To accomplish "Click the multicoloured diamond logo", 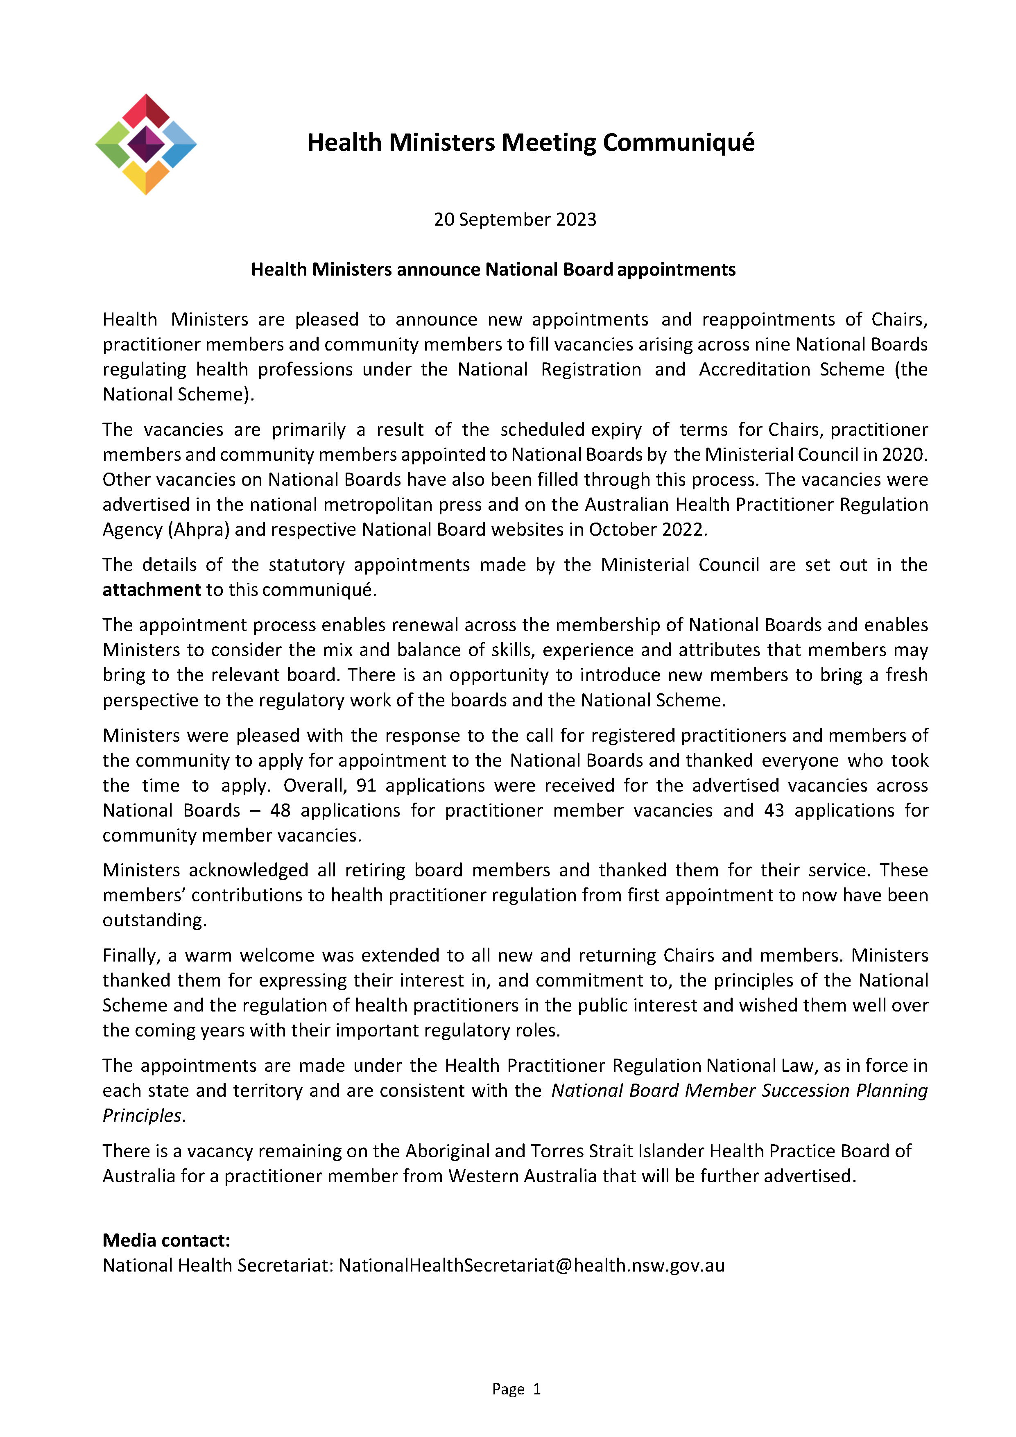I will pyautogui.click(x=146, y=145).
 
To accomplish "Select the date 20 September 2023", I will pyautogui.click(x=515, y=220).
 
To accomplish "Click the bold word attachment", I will pyautogui.click(x=152, y=590).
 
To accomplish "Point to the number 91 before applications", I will pyautogui.click(x=366, y=785).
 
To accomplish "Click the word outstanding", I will pyautogui.click(x=154, y=921).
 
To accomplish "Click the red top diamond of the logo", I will pyautogui.click(x=146, y=111).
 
